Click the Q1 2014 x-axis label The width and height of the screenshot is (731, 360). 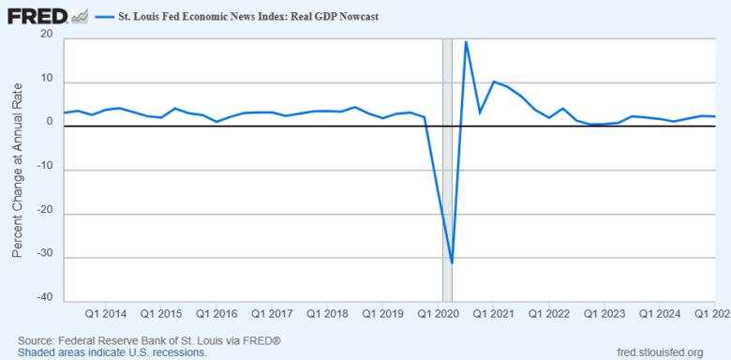(107, 313)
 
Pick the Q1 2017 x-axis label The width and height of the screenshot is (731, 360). (272, 313)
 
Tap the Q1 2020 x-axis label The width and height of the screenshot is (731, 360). (438, 313)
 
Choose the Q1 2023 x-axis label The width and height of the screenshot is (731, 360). (603, 313)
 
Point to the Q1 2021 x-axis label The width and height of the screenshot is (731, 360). (492, 313)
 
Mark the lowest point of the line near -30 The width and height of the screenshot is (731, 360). (452, 262)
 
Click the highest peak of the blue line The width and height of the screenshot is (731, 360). (466, 42)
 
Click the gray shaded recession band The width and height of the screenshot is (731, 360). (448, 169)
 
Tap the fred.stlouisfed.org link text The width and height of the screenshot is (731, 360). (661, 352)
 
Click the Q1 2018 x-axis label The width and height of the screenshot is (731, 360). (327, 313)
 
